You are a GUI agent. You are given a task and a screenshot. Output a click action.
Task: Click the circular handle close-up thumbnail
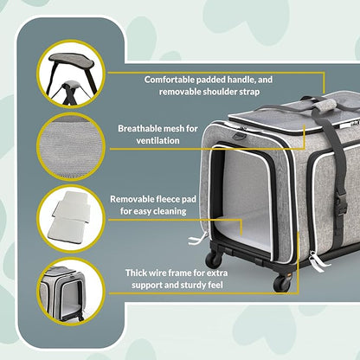point(70,74)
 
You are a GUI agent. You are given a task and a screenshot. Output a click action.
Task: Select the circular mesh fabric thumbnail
point(70,145)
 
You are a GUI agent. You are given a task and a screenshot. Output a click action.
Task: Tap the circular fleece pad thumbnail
point(70,214)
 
